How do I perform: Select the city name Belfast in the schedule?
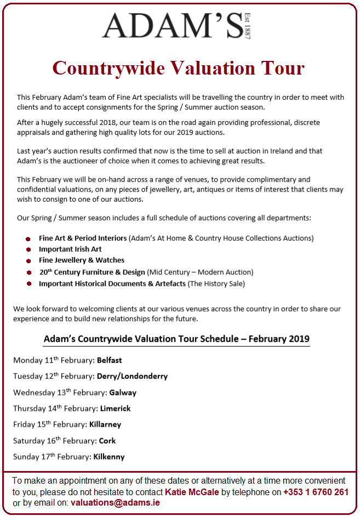click(x=109, y=360)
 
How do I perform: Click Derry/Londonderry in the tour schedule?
click(x=132, y=376)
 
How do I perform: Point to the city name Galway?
click(x=123, y=393)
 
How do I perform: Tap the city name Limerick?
click(x=115, y=409)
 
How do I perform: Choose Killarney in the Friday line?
click(x=106, y=424)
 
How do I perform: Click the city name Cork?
click(x=107, y=440)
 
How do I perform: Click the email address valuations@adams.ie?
click(x=115, y=502)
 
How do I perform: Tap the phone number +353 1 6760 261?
click(x=316, y=492)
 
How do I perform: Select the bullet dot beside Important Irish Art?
click(x=27, y=250)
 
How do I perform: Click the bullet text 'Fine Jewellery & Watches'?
click(x=82, y=260)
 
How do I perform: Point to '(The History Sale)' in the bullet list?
click(x=216, y=283)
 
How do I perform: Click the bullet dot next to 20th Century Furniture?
click(x=27, y=273)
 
